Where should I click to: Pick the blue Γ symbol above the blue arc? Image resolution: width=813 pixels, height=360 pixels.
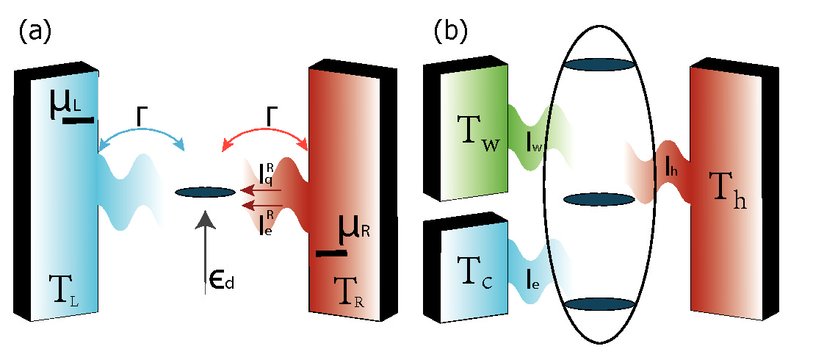pos(141,115)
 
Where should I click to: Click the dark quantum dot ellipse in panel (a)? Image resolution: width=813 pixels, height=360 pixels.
pos(205,192)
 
